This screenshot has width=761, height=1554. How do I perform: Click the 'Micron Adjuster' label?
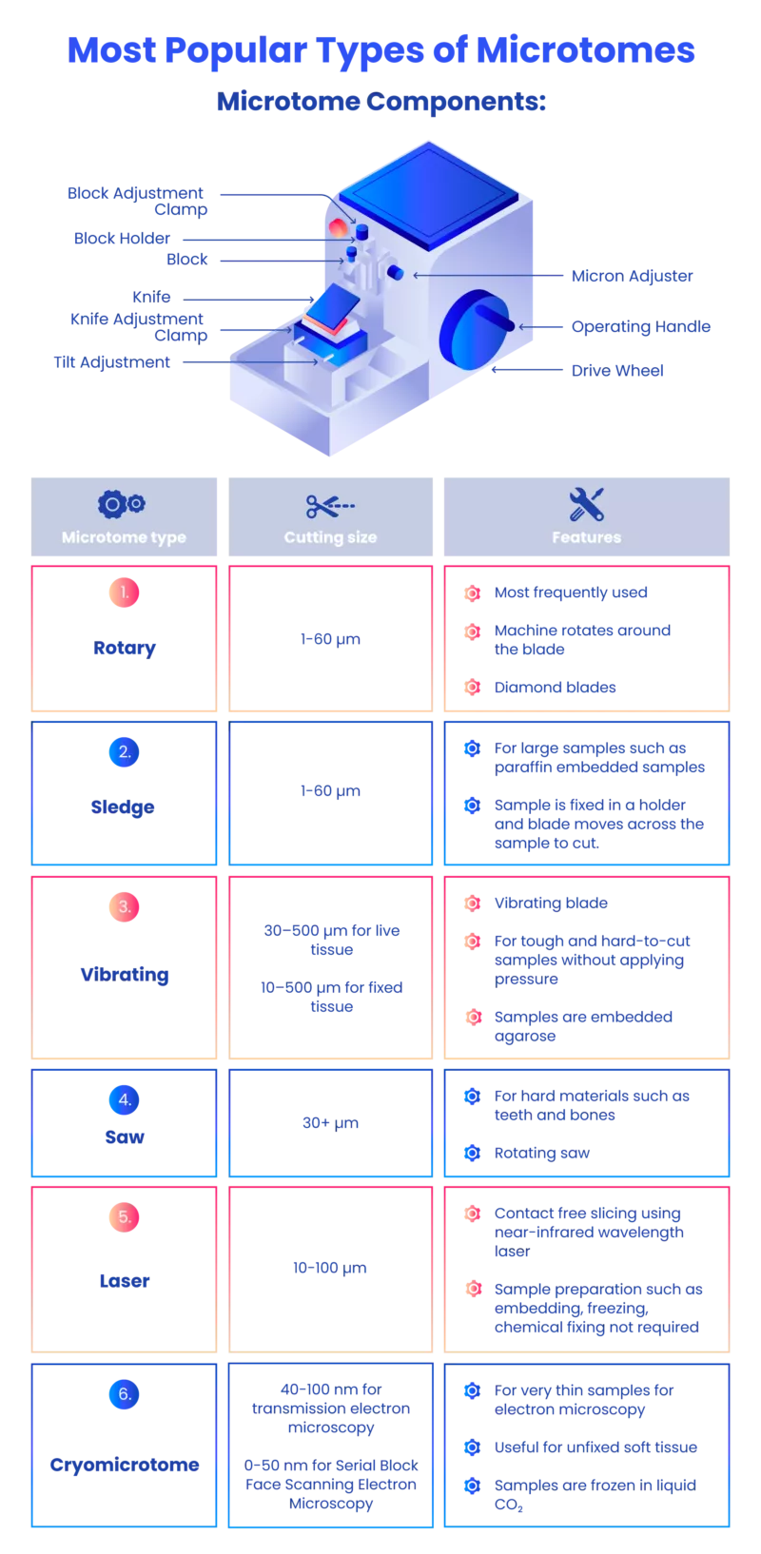tap(632, 276)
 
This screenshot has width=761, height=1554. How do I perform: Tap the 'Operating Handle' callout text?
tap(641, 327)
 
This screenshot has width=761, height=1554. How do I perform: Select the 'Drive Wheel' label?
tap(617, 371)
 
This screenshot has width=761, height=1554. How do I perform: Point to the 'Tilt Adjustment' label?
tap(111, 362)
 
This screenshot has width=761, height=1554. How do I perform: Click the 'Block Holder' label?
tap(122, 238)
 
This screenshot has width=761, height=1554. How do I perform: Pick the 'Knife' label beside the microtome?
tap(151, 297)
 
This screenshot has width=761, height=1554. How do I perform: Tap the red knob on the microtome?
tap(338, 227)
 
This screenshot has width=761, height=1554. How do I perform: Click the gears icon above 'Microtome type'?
tap(122, 504)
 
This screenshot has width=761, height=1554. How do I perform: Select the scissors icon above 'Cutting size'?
tap(330, 506)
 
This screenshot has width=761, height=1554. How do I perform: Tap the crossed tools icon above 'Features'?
tap(586, 504)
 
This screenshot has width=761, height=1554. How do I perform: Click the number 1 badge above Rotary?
tap(125, 592)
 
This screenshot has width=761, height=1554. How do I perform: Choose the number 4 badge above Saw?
tap(125, 1099)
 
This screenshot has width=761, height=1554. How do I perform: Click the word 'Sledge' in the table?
tap(123, 806)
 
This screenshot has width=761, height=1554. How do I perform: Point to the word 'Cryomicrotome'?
tap(125, 1465)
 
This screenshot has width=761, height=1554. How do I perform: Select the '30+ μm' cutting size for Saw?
tap(330, 1122)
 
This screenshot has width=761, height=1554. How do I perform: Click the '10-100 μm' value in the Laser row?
tap(329, 1268)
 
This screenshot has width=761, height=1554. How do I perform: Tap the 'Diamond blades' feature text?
tap(555, 687)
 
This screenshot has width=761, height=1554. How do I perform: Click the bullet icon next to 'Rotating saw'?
tap(473, 1153)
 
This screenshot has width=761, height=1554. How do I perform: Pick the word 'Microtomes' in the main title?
tap(585, 50)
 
